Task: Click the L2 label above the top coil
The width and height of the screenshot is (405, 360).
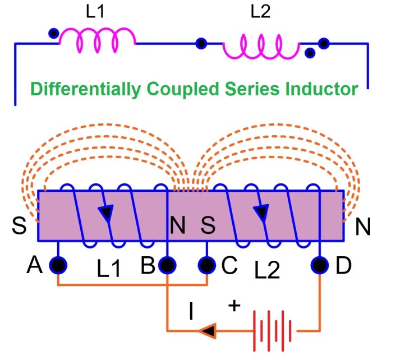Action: click(x=260, y=12)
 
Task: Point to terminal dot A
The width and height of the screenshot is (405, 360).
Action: click(x=58, y=264)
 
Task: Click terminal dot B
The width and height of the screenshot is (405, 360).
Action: click(x=167, y=264)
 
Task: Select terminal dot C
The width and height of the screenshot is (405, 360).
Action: click(x=207, y=264)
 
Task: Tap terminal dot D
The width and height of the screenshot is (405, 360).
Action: click(x=320, y=264)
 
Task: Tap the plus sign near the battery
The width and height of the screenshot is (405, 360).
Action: click(x=234, y=306)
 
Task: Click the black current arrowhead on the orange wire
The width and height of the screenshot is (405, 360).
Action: click(x=208, y=331)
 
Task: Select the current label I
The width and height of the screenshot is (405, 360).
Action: click(x=191, y=312)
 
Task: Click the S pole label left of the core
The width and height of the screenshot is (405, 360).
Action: click(x=19, y=226)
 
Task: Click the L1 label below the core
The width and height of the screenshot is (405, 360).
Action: click(x=109, y=270)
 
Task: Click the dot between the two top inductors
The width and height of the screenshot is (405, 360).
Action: click(x=200, y=43)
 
